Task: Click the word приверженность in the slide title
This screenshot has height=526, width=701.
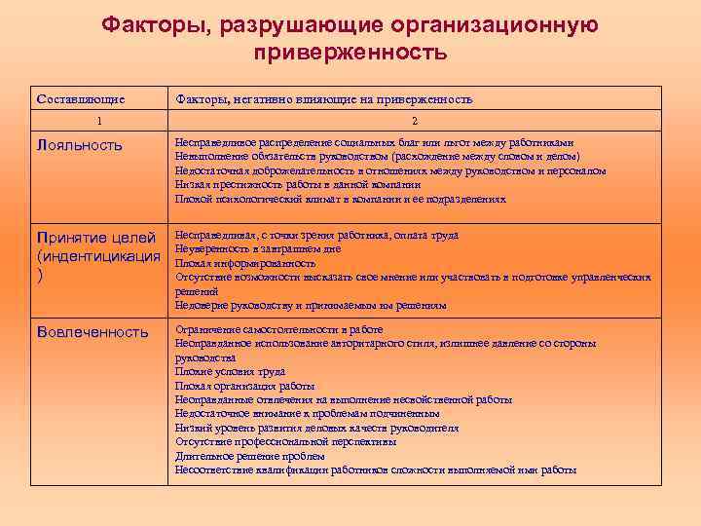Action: point(350,52)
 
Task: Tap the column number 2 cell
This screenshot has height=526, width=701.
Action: point(415,121)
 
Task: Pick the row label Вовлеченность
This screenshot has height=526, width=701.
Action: point(92,331)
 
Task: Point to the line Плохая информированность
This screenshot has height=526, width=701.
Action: point(245,263)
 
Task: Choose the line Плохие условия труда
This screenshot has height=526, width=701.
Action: point(230,371)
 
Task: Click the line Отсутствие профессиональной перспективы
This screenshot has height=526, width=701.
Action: point(285,441)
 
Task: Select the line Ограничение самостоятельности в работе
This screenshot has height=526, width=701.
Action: point(278,329)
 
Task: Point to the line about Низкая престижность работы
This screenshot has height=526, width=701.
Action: point(298,184)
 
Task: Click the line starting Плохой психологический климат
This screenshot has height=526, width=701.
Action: point(340,199)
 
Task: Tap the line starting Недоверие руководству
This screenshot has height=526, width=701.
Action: point(311,305)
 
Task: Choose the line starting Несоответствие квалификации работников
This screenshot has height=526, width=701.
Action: point(376,470)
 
